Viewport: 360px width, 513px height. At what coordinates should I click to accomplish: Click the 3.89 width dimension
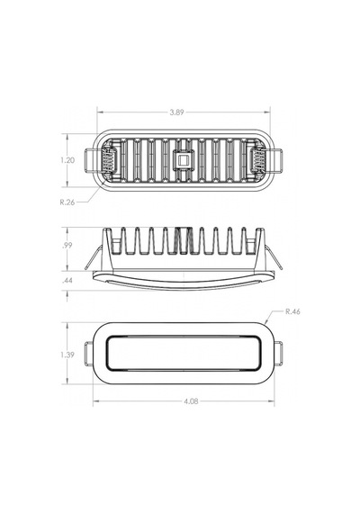[x=176, y=112]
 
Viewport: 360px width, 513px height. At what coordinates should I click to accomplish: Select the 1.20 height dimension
[x=67, y=160]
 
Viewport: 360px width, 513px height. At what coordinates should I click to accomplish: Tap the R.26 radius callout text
[x=67, y=202]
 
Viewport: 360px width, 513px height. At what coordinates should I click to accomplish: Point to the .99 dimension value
[x=67, y=246]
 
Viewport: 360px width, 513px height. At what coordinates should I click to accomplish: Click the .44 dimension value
[x=67, y=281]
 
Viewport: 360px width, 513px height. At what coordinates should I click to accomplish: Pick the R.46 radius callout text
[x=292, y=311]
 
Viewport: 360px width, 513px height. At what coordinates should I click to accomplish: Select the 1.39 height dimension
[x=67, y=355]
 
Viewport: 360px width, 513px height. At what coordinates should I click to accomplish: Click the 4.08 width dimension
[x=191, y=401]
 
